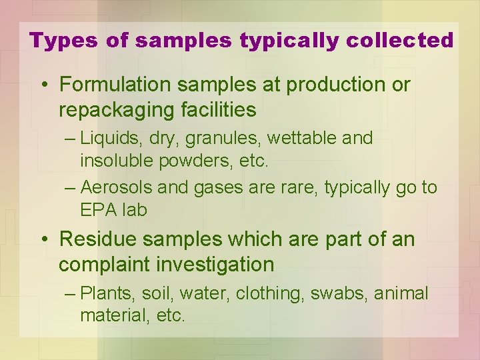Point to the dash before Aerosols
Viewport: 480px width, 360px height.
(x=71, y=188)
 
